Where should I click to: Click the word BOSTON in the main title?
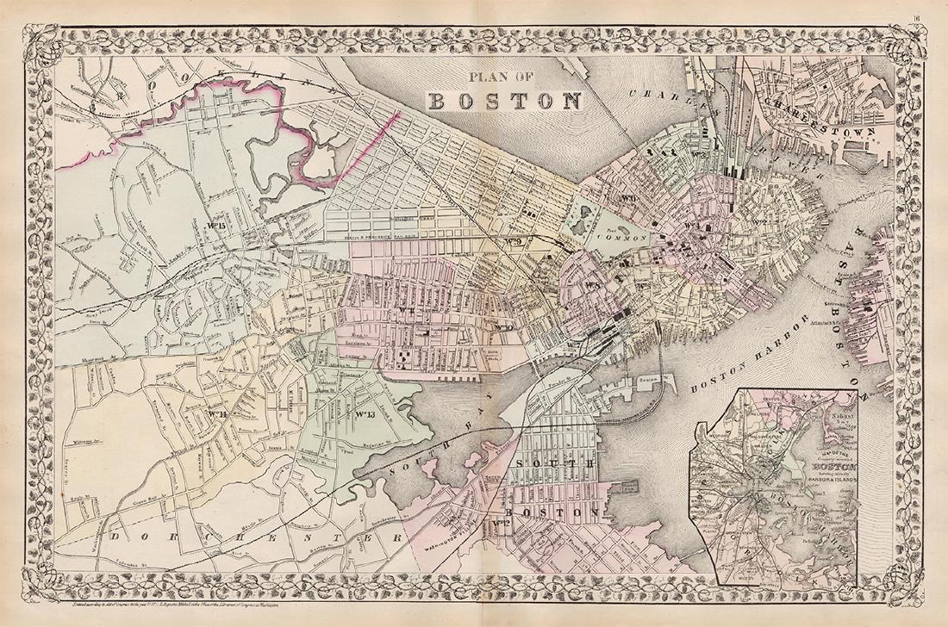coord(505,101)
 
